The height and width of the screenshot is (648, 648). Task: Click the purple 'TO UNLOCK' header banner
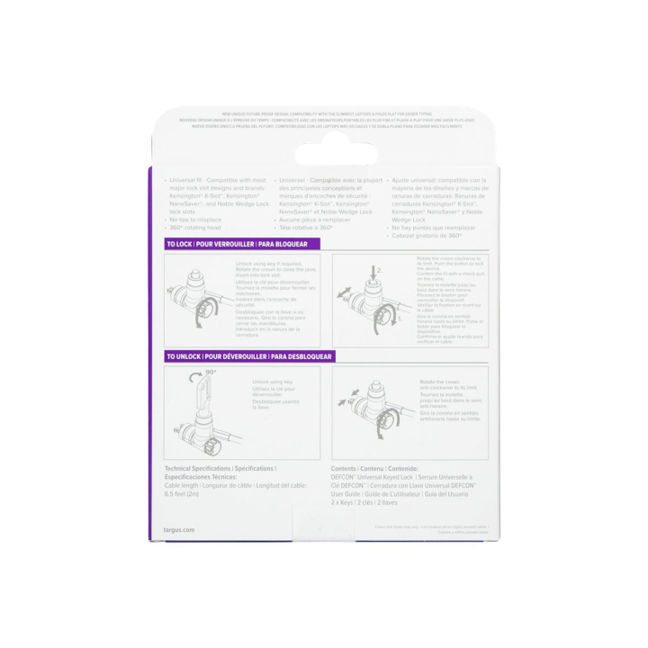[x=248, y=357]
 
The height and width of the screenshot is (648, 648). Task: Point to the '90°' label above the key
[x=211, y=371]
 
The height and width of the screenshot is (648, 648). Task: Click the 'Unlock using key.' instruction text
[x=274, y=382]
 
